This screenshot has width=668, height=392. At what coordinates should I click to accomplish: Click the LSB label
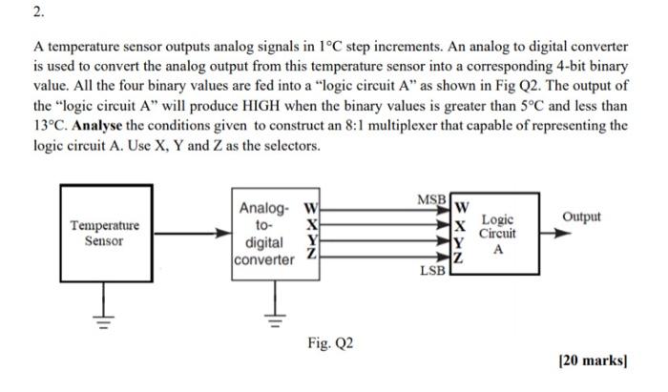point(431,271)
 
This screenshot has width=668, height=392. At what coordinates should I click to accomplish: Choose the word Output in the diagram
point(581,217)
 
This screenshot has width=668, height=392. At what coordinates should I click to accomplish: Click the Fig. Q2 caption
point(330,341)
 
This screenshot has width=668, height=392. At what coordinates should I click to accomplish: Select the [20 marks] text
point(594,361)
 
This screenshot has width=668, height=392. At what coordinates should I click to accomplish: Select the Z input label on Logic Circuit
point(460,259)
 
